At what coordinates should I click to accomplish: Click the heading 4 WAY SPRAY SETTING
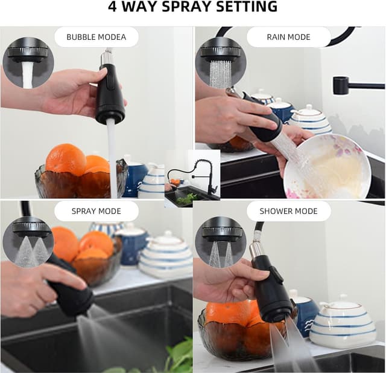(193, 8)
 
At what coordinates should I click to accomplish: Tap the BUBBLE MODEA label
(96, 37)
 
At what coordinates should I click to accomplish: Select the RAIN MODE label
(289, 37)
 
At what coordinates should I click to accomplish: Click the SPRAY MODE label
(96, 211)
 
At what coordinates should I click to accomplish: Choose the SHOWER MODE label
(289, 211)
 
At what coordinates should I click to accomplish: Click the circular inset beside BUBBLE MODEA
(28, 63)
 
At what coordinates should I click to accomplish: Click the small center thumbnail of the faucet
(193, 178)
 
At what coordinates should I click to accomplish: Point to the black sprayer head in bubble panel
(110, 97)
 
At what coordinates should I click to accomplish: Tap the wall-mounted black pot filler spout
(356, 85)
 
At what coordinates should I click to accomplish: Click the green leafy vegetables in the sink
(169, 360)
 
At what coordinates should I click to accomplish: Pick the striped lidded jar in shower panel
(343, 323)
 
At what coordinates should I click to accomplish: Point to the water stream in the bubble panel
(112, 157)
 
